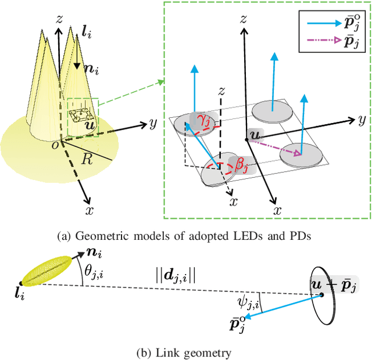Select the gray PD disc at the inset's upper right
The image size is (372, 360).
coord(271,107)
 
